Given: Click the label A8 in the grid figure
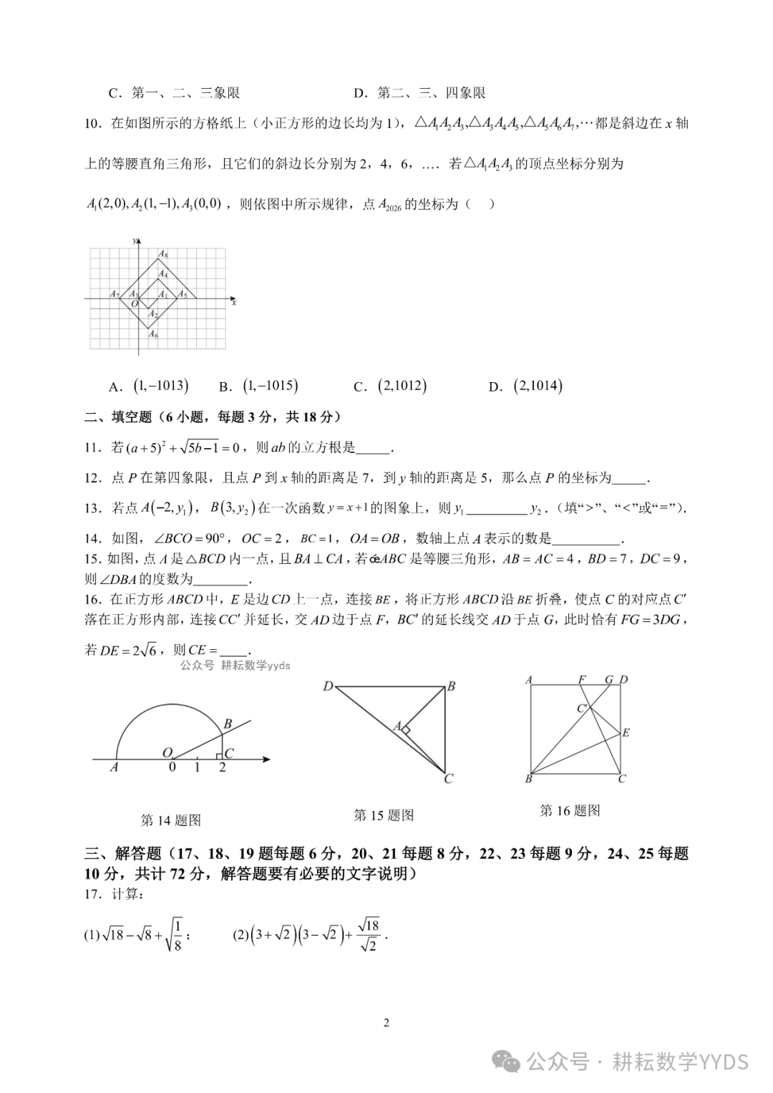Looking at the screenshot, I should (163, 254).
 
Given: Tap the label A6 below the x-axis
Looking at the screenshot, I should (152, 334).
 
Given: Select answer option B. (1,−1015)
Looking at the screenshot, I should (258, 387).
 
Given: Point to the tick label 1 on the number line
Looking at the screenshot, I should (198, 768).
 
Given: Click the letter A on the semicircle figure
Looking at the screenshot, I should (114, 768).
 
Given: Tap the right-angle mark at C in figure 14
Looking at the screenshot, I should (220, 754).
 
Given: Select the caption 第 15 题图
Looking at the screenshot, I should (384, 815).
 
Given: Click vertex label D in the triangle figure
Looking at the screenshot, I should (328, 686).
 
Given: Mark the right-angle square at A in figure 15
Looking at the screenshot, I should (405, 730).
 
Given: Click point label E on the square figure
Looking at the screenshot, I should (626, 732).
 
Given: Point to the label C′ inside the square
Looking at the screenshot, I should (583, 709).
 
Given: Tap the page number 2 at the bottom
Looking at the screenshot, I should (386, 1023).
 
